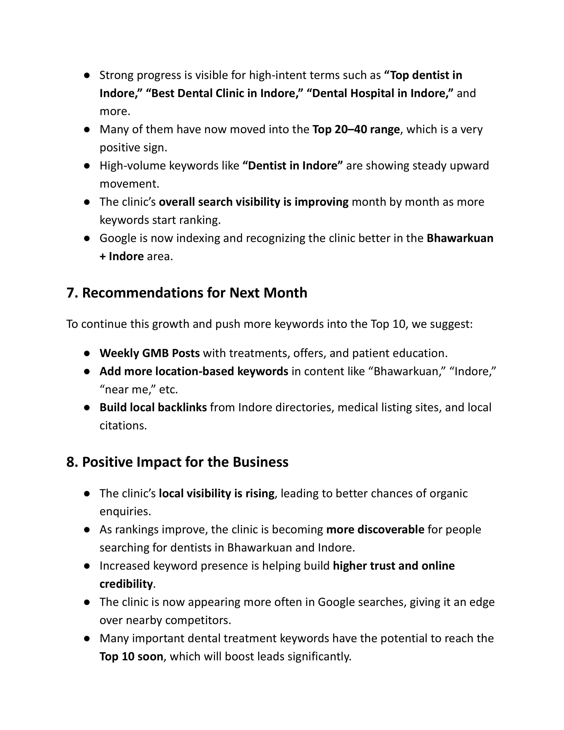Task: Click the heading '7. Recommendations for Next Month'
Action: (187, 293)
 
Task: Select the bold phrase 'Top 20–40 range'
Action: (356, 129)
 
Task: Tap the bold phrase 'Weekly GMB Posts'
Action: (150, 353)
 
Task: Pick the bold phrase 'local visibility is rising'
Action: (217, 493)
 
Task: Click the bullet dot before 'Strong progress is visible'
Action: (87, 75)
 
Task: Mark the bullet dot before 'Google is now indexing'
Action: (87, 238)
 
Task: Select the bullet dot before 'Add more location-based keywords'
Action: (87, 371)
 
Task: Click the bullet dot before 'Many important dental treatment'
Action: (87, 638)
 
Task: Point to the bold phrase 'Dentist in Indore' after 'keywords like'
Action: (292, 166)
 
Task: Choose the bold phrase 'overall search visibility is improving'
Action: (254, 202)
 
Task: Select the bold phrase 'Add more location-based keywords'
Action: (194, 371)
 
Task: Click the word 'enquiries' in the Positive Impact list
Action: (125, 511)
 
